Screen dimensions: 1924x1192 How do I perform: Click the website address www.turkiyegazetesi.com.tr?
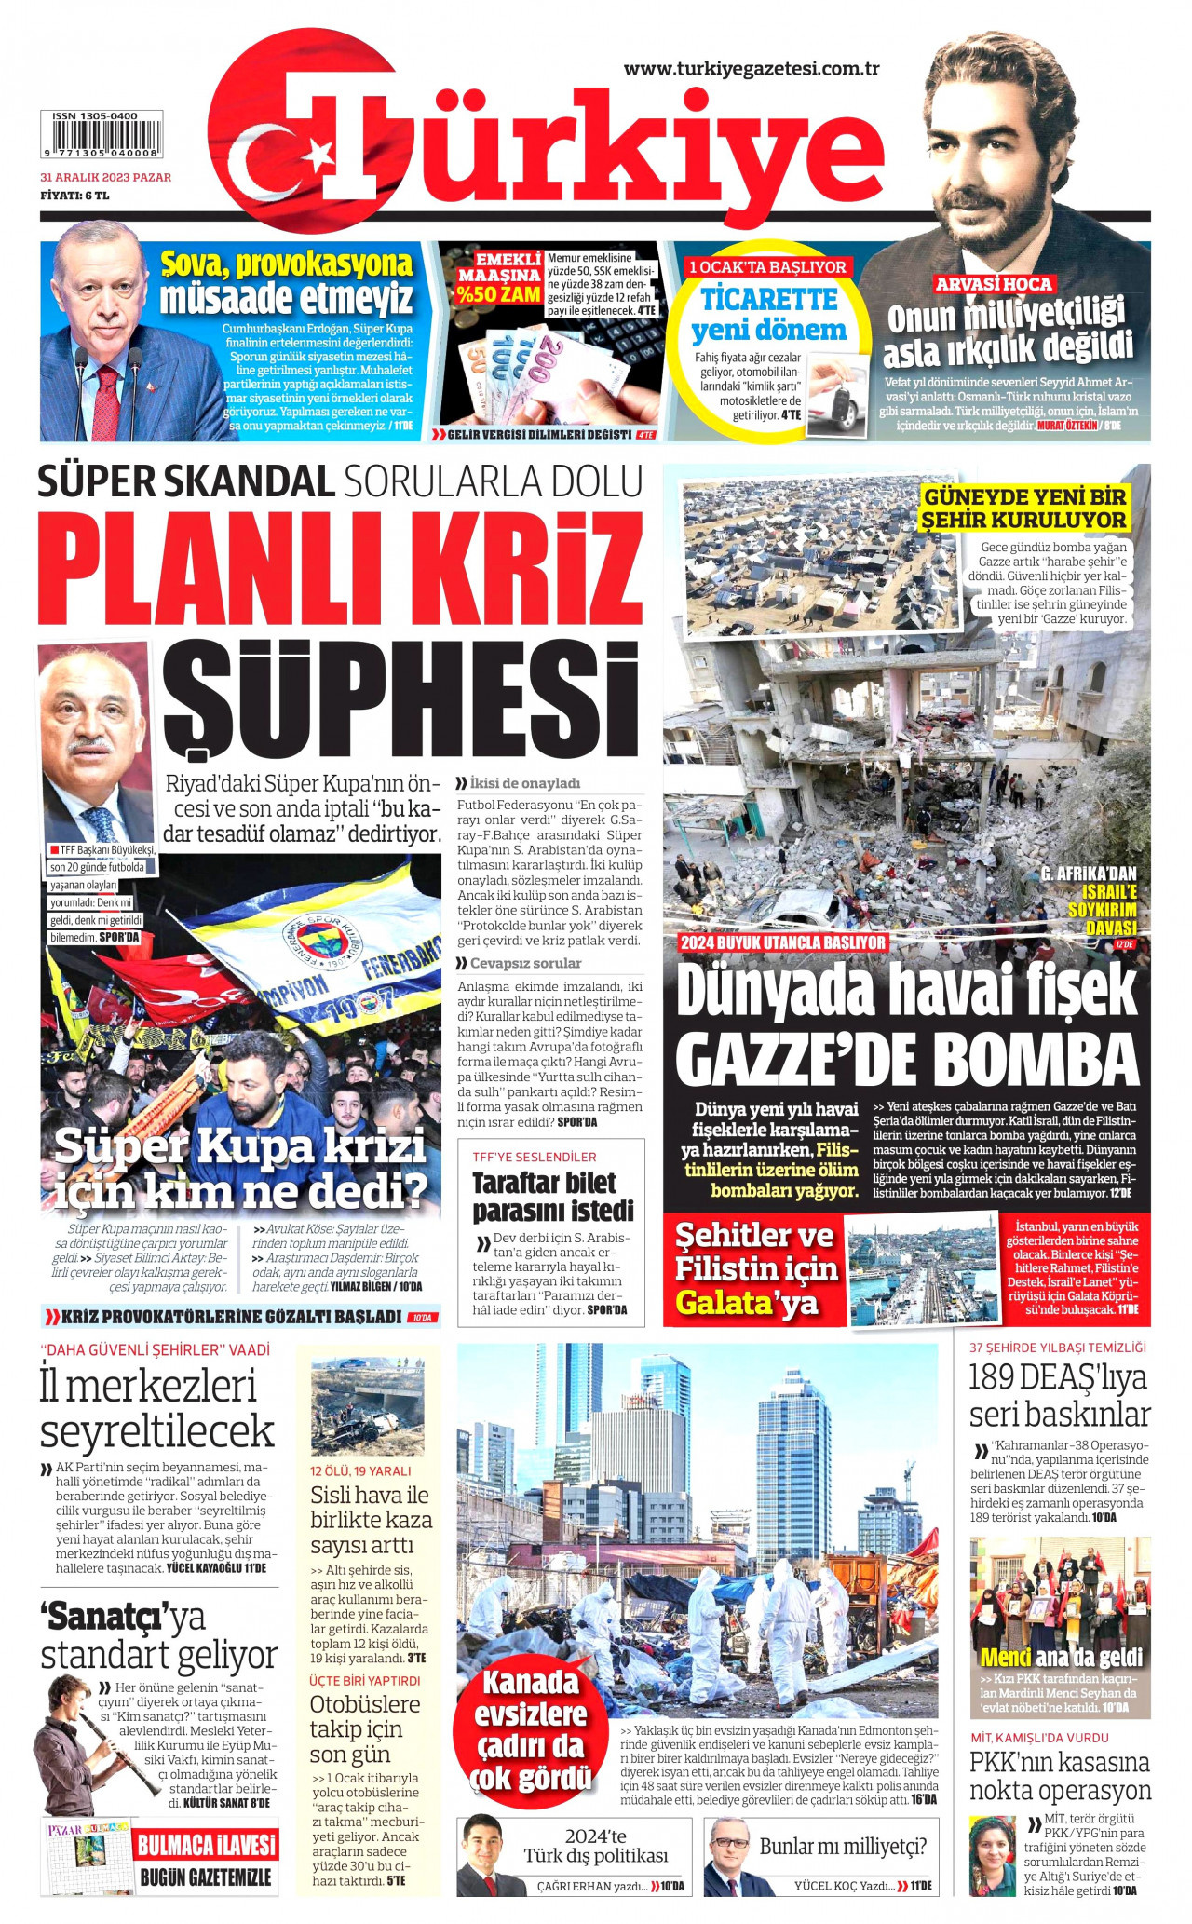click(x=752, y=68)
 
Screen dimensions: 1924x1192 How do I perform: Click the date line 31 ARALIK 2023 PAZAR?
click(x=105, y=177)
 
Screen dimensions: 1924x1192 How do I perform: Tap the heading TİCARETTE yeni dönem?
click(x=768, y=315)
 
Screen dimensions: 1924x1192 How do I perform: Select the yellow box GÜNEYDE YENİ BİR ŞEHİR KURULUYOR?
click(x=1024, y=508)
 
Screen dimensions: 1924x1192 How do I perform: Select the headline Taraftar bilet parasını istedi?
click(x=552, y=1197)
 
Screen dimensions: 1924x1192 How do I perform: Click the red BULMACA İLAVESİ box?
click(x=207, y=1845)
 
